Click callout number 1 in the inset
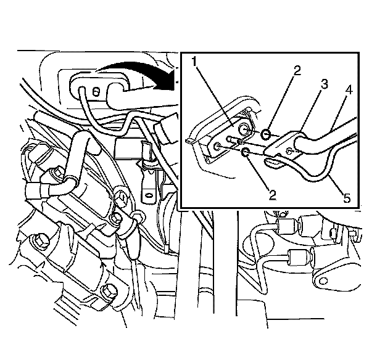[x=194, y=62]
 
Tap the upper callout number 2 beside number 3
[x=297, y=71]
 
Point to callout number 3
[x=324, y=84]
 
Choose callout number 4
[x=349, y=91]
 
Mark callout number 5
[x=347, y=197]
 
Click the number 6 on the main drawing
[x=96, y=92]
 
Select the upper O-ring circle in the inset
[x=266, y=134]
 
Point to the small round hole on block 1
[x=217, y=147]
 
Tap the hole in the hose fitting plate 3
[x=290, y=149]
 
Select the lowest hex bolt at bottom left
[x=109, y=292]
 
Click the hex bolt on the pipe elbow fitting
[x=57, y=172]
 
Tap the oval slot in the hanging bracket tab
[x=149, y=195]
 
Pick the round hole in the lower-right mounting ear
[x=324, y=280]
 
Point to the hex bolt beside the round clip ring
[x=115, y=218]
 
